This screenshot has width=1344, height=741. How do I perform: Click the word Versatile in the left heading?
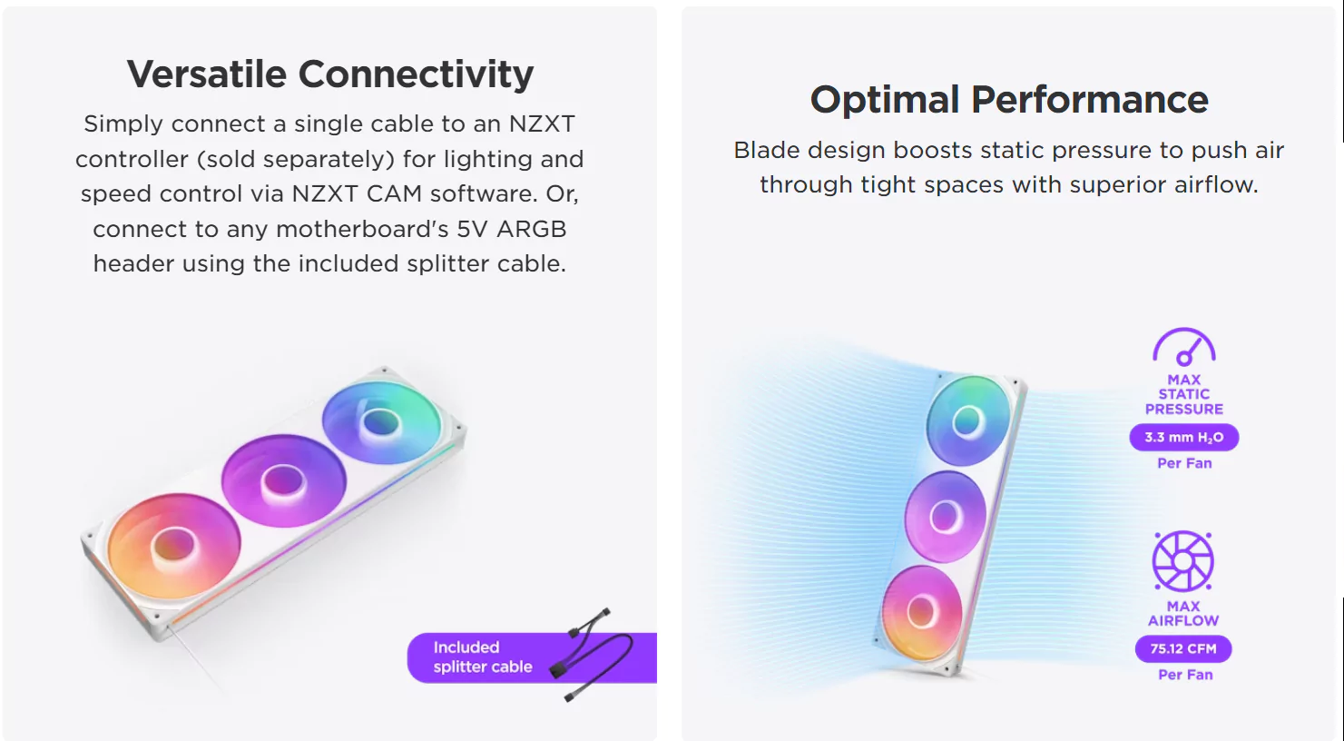206,74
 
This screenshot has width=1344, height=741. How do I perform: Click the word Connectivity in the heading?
416,75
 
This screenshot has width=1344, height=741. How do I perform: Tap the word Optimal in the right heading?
885,100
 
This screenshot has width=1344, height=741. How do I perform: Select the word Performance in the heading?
1090,100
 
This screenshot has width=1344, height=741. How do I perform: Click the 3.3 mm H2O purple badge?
1183,437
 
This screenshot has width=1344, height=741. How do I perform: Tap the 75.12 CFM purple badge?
1183,648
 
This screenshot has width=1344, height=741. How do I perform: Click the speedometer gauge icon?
1183,347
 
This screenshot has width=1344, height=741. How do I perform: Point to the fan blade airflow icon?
1183,561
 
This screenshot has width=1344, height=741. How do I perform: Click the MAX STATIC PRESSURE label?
1183,394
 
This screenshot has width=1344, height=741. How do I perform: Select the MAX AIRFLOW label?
1183,613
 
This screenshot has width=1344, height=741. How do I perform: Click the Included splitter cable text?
483,657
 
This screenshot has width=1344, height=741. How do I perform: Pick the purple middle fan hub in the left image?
283,481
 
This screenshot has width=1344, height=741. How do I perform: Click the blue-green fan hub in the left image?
380,423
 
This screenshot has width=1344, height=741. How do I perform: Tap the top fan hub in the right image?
967,421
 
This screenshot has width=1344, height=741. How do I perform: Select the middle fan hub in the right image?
945,517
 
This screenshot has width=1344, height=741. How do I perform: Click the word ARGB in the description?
531,230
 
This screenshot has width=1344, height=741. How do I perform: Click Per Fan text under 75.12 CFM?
1185,675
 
